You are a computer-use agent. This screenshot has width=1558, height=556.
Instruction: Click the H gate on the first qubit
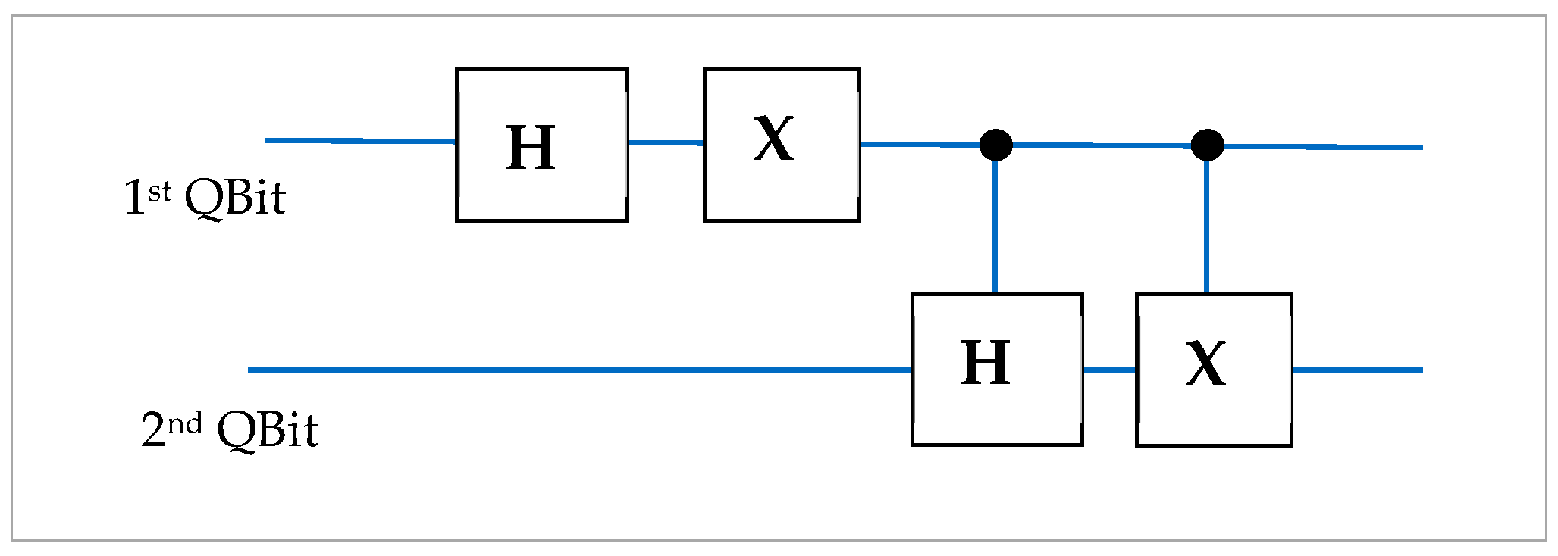[x=541, y=145]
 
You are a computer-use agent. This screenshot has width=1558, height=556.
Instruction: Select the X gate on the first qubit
[x=781, y=145]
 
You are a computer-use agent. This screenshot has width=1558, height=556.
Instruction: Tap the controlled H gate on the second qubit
[x=996, y=369]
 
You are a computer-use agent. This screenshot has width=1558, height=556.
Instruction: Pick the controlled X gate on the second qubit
[x=1213, y=370]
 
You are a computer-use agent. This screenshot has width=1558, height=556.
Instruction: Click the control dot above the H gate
[x=995, y=145]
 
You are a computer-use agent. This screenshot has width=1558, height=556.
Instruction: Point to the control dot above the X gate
[x=1207, y=145]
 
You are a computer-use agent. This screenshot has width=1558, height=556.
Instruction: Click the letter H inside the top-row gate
[x=531, y=148]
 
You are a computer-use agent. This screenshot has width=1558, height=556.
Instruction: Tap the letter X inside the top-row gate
[x=774, y=139]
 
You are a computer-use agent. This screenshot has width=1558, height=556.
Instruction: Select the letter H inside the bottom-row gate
[x=986, y=364]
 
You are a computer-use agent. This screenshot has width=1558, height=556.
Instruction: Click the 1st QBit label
[x=205, y=198]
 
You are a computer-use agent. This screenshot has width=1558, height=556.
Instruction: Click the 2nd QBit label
[x=230, y=430]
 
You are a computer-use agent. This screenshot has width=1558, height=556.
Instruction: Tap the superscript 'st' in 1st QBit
[x=160, y=192]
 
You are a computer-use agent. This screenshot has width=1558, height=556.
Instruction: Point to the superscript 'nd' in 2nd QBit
[x=184, y=423]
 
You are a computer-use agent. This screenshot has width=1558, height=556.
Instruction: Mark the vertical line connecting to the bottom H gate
[x=995, y=227]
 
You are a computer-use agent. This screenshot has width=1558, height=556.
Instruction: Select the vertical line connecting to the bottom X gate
[x=1206, y=227]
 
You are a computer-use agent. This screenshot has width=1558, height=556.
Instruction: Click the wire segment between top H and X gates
[x=666, y=142]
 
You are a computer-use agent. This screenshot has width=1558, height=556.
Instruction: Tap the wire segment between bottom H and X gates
[x=1108, y=370]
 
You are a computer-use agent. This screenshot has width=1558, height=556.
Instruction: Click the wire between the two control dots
[x=1101, y=145]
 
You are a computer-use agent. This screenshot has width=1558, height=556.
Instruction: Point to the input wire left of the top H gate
[x=360, y=141]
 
